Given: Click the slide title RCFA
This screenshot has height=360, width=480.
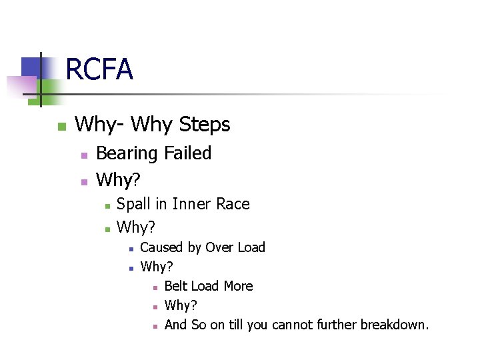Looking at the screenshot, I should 99,69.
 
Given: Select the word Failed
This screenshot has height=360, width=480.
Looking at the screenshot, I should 187,153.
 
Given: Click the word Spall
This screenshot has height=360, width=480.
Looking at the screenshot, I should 133,204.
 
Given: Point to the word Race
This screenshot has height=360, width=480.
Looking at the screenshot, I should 233,204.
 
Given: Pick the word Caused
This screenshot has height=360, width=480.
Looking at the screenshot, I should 161,247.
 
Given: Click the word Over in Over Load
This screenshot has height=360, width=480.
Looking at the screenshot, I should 219,247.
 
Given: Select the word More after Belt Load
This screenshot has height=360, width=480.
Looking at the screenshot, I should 238,286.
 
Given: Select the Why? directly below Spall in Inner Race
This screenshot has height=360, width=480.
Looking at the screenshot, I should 136,227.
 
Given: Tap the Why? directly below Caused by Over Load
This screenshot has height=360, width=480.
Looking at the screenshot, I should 157,267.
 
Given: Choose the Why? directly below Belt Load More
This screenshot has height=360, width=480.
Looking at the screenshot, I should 180,305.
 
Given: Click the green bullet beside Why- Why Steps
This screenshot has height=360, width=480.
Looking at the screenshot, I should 61,126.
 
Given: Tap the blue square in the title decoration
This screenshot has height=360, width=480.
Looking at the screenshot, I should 31,68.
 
